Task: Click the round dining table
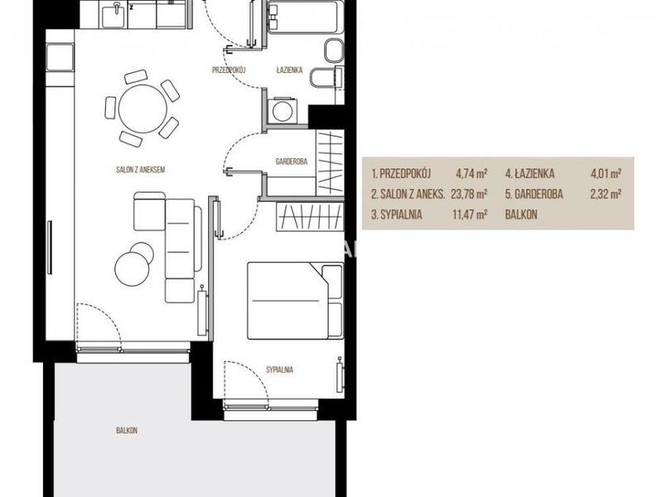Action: pyautogui.click(x=143, y=109)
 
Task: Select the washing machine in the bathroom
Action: pyautogui.click(x=282, y=111)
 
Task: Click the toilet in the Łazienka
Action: pyautogui.click(x=325, y=79)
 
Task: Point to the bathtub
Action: pyautogui.click(x=302, y=16)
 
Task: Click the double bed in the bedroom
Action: pyautogui.click(x=295, y=301)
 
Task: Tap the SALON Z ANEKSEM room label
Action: pyautogui.click(x=140, y=170)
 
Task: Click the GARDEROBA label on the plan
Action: pyautogui.click(x=292, y=162)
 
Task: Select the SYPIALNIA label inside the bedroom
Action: pyautogui.click(x=279, y=369)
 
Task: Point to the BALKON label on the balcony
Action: pyautogui.click(x=127, y=431)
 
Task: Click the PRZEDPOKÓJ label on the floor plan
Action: pyautogui.click(x=229, y=70)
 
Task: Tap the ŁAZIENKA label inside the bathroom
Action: pyautogui.click(x=289, y=70)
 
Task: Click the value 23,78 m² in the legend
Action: pyautogui.click(x=469, y=194)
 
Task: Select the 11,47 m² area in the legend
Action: pyautogui.click(x=470, y=215)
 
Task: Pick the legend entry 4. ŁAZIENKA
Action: pyautogui.click(x=530, y=173)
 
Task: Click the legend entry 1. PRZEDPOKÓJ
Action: pyautogui.click(x=401, y=173)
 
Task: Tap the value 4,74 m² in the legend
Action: pyautogui.click(x=472, y=173)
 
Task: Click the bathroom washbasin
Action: pyautogui.click(x=334, y=51)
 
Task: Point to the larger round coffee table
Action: pyautogui.click(x=132, y=268)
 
